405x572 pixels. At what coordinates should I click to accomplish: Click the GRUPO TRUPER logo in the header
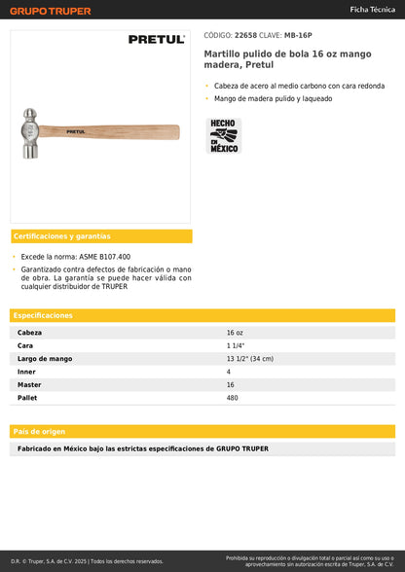click(51, 11)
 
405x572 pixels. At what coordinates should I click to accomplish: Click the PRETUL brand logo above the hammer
click(156, 40)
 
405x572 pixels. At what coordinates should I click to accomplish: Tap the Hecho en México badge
click(223, 135)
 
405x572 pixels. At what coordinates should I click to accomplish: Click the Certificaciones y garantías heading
click(61, 236)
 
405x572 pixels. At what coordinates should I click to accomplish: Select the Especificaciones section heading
click(43, 315)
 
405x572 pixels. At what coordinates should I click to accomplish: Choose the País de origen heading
click(39, 431)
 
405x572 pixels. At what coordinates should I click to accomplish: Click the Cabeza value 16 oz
click(235, 333)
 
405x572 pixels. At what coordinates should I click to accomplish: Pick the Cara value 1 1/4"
click(236, 345)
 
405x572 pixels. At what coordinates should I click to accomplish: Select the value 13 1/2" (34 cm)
click(249, 359)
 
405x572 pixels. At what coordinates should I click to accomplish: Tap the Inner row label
click(27, 372)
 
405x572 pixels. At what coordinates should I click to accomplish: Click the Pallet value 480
click(232, 397)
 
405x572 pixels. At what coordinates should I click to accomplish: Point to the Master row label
click(30, 384)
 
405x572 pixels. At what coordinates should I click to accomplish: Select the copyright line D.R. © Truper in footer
click(88, 561)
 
